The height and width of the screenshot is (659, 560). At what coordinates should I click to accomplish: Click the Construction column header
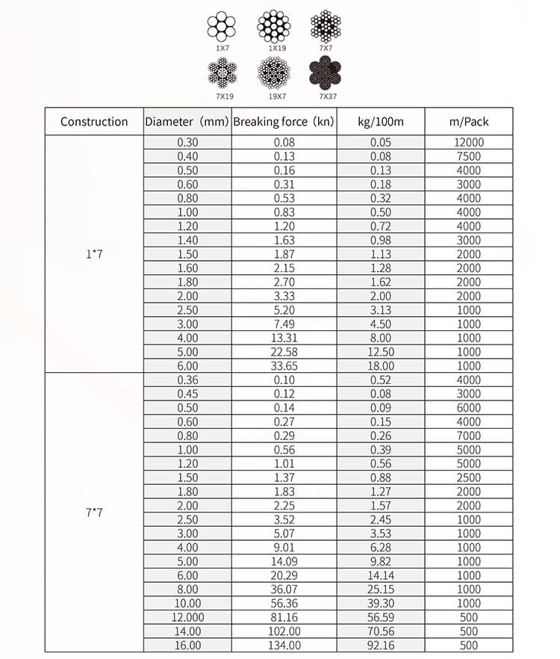(x=94, y=122)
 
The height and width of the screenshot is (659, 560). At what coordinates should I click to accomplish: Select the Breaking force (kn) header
(x=284, y=122)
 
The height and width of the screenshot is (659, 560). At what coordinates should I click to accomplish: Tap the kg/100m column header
(x=381, y=122)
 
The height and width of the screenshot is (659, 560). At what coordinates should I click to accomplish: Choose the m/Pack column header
(x=469, y=122)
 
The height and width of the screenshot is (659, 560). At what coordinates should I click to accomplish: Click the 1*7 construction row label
(x=94, y=254)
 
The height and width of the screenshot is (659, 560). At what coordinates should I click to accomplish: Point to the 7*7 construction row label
(x=94, y=513)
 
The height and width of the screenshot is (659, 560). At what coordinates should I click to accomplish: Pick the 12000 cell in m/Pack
(x=469, y=143)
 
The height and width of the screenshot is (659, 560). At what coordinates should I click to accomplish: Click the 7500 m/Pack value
(x=469, y=157)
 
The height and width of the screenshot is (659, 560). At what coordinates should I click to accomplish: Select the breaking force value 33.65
(x=284, y=366)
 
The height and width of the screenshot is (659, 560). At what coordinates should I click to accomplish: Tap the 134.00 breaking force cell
(x=284, y=646)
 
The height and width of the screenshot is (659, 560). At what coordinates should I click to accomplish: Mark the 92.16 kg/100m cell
(x=381, y=646)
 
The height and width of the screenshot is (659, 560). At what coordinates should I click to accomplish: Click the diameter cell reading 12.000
(x=188, y=618)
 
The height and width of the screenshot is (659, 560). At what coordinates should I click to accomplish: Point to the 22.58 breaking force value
(x=284, y=352)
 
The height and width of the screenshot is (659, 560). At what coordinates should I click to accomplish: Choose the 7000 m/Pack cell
(x=469, y=436)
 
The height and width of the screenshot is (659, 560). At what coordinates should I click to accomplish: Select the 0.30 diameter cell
(x=188, y=143)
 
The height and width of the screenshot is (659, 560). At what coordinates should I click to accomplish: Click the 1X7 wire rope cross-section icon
(x=221, y=28)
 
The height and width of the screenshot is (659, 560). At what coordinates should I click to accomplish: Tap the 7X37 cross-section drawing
(x=326, y=75)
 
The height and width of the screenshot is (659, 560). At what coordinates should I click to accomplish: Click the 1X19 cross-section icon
(x=274, y=27)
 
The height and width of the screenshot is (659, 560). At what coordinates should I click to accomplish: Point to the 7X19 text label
(x=221, y=96)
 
